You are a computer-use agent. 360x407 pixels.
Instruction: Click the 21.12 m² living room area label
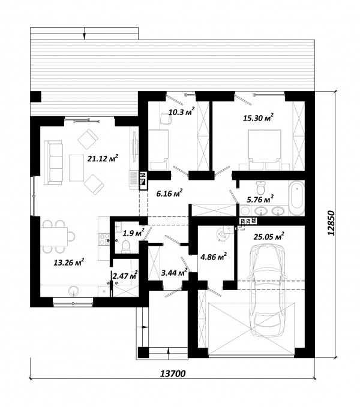click(103, 158)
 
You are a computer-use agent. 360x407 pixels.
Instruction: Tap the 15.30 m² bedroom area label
click(258, 118)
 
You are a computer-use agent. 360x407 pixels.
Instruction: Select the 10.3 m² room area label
click(182, 112)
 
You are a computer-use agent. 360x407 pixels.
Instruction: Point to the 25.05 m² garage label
click(269, 236)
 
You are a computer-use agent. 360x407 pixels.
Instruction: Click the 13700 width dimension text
click(173, 374)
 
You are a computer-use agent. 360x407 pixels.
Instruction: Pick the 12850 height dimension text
click(331, 223)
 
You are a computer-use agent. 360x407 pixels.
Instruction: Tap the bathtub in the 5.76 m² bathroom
click(297, 198)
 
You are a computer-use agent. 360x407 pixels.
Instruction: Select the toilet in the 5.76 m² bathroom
click(260, 188)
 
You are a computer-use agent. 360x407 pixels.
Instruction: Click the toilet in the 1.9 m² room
click(127, 246)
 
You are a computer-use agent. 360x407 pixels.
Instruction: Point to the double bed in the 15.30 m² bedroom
click(265, 150)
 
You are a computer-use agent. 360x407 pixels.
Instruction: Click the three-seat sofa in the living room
click(53, 162)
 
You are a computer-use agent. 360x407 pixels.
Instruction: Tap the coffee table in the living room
click(76, 168)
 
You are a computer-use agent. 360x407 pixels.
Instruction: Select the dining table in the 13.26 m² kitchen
click(54, 237)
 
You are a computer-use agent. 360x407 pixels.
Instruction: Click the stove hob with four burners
click(104, 239)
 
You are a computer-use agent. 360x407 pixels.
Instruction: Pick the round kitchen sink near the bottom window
click(74, 291)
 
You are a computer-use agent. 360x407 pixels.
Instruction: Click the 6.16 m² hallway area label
click(169, 193)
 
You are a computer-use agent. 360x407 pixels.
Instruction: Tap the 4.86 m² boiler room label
click(214, 257)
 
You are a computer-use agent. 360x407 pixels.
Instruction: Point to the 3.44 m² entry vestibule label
click(174, 273)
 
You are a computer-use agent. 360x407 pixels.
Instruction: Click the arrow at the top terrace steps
click(84, 33)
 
